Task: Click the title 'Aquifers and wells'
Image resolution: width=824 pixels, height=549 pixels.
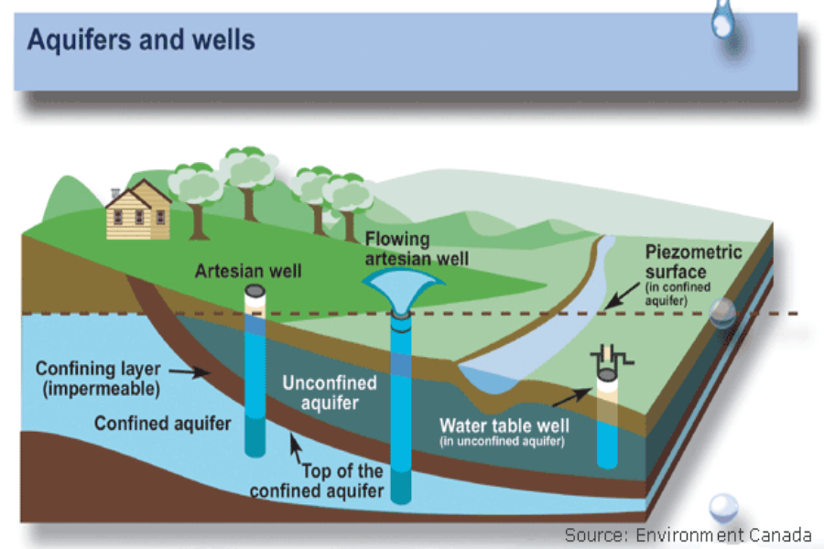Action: [x=141, y=41]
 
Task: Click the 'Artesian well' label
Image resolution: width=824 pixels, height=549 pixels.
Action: [x=248, y=271]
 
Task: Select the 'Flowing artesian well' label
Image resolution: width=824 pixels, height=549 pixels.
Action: [x=404, y=248]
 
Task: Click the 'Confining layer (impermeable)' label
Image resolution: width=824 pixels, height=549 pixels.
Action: [x=99, y=379]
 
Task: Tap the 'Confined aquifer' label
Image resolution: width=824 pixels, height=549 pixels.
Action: [x=162, y=424]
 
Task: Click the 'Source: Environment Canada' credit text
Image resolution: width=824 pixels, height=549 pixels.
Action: [x=688, y=534]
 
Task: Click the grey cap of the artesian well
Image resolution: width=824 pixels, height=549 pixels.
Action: [x=254, y=291]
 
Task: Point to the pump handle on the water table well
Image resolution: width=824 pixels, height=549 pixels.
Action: [x=606, y=354]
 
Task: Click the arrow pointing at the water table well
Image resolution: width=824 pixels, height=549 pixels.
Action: [x=570, y=397]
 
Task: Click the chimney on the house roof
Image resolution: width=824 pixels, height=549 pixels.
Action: [x=114, y=193]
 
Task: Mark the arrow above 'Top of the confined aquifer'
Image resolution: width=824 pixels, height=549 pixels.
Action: [x=296, y=448]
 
